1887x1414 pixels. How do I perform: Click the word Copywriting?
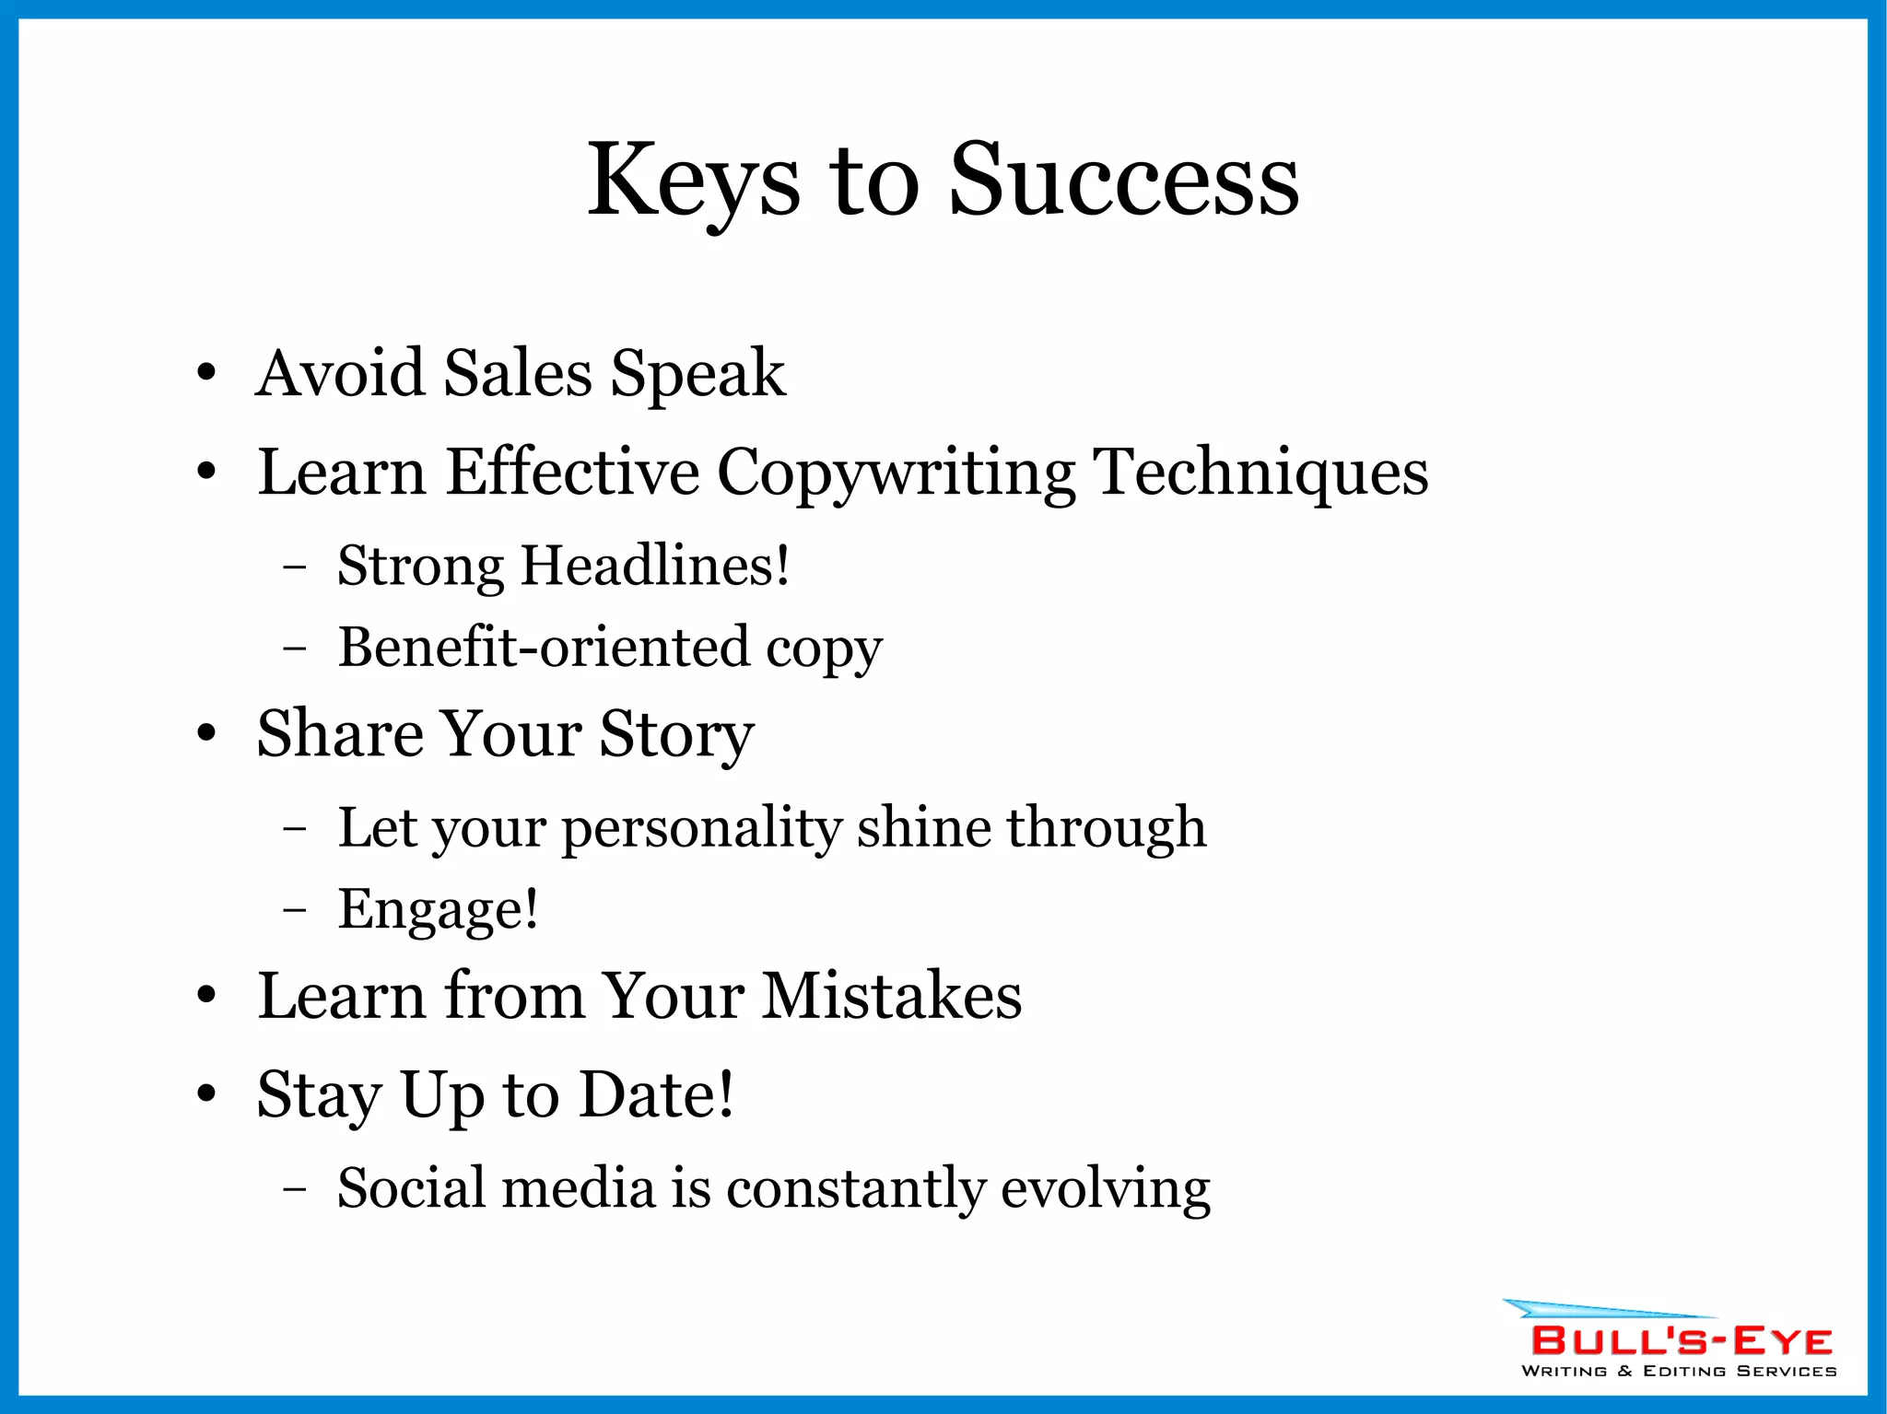click(x=896, y=473)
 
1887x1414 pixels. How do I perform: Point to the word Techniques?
click(x=1262, y=473)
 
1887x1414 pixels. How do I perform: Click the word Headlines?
click(x=655, y=565)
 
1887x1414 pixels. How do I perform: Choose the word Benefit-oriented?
click(x=544, y=647)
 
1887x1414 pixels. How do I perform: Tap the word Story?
click(x=676, y=734)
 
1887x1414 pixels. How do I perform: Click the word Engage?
click(x=439, y=909)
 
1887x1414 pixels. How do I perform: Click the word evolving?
click(x=1106, y=1187)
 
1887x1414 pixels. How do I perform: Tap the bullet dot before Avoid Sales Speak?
click(x=206, y=373)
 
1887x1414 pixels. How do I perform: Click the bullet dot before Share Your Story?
click(x=206, y=734)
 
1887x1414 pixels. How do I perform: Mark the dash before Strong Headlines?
click(x=295, y=567)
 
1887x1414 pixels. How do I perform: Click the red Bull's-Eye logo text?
click(x=1682, y=1340)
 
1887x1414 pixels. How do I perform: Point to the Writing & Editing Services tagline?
click(x=1679, y=1371)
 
